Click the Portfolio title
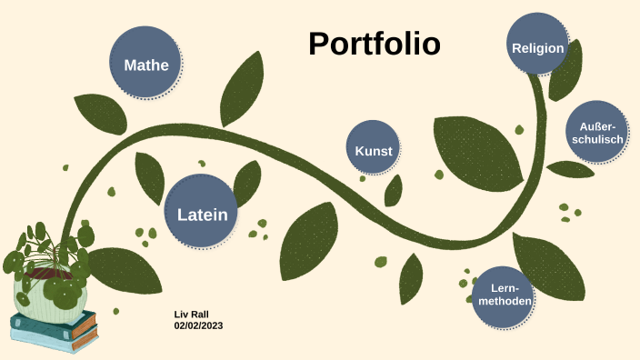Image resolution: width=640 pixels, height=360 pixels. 374,44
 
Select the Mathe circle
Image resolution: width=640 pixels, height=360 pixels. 146,65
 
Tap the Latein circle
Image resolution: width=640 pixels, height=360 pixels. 202,215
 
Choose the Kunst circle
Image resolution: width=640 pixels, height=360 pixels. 373,151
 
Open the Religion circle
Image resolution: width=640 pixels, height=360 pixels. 537,47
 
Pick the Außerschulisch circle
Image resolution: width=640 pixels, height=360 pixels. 598,133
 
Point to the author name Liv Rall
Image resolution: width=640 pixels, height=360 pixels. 192,314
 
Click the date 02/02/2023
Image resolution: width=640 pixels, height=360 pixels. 198,325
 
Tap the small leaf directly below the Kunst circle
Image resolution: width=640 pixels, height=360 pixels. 394,190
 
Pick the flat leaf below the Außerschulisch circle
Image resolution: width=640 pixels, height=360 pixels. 571,169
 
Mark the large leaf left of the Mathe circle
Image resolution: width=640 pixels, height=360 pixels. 99,114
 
